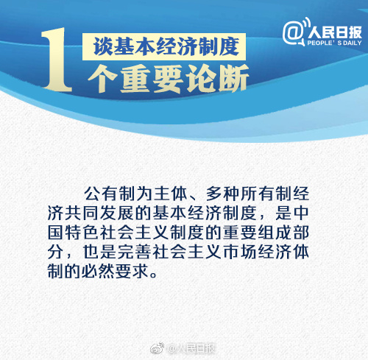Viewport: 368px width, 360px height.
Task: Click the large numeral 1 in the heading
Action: [57, 60]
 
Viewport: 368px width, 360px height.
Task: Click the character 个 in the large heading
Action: [102, 79]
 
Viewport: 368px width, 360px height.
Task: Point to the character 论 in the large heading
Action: [200, 79]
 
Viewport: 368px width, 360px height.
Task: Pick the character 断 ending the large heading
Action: [233, 79]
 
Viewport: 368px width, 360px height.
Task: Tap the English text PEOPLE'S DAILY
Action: [334, 43]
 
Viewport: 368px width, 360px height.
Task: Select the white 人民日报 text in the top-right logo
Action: [335, 32]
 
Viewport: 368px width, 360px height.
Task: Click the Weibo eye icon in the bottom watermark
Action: [158, 348]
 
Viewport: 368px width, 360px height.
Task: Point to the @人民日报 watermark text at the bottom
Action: [191, 348]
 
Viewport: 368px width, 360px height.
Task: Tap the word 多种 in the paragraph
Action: [222, 194]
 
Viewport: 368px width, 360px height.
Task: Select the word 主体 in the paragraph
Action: [170, 194]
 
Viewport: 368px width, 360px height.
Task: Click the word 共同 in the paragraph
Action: [74, 213]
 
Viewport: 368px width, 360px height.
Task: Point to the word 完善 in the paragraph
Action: [134, 252]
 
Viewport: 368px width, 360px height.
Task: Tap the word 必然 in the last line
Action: [98, 271]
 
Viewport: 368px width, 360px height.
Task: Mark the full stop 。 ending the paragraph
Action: [154, 275]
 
